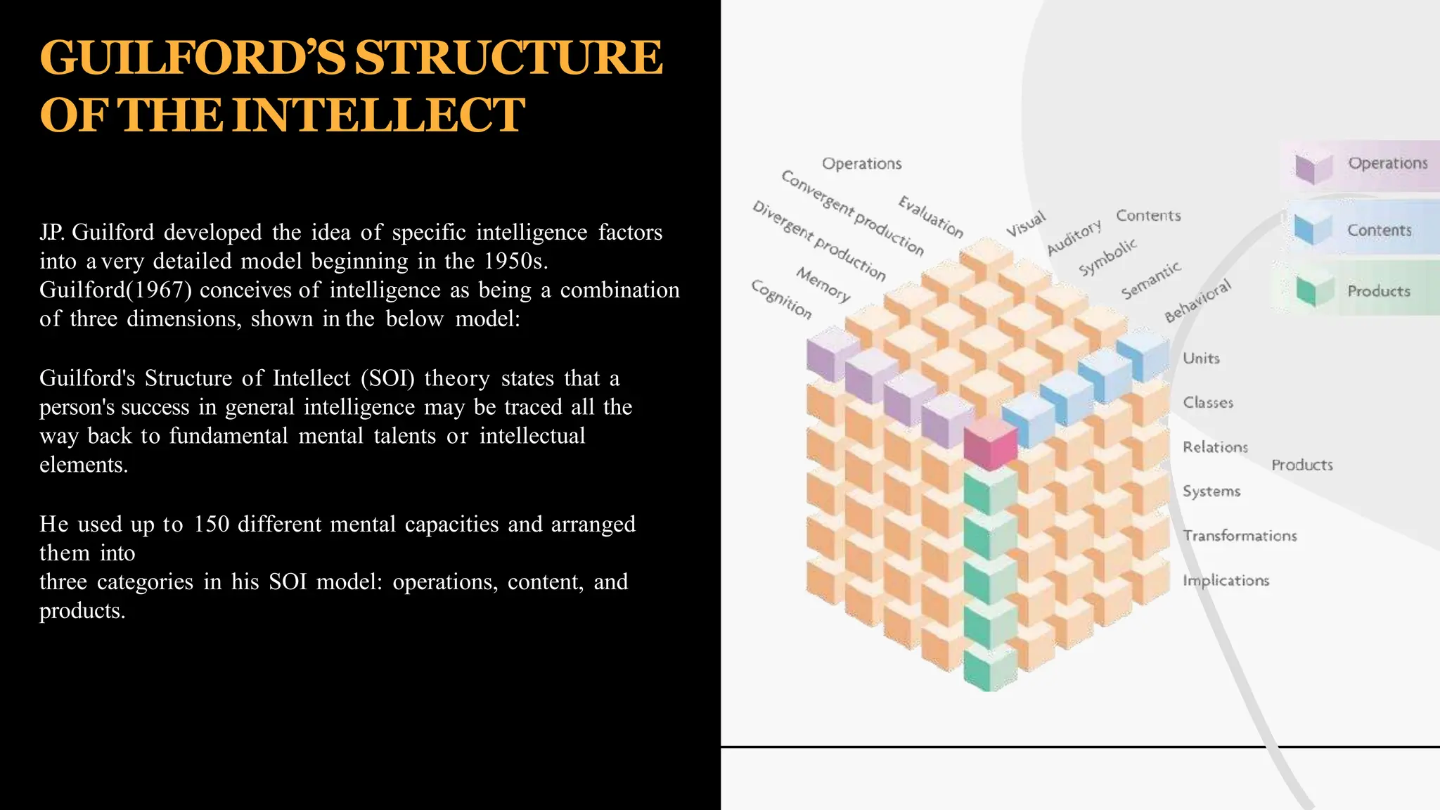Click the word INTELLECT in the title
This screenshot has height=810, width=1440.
378,115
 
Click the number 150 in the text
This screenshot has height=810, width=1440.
212,525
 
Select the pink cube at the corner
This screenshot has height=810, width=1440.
990,444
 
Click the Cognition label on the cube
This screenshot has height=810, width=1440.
781,300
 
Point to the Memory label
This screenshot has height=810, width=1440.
823,284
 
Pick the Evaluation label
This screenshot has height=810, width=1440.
930,217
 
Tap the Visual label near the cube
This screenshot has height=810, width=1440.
1025,224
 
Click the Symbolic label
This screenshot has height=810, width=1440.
1107,257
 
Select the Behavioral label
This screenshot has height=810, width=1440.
1197,300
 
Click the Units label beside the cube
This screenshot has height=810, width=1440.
1201,359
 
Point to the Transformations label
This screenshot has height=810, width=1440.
1240,536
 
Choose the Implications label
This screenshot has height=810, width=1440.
1226,581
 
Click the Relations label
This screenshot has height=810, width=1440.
1215,447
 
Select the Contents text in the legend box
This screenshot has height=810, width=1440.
1379,231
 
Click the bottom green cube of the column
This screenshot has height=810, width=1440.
989,669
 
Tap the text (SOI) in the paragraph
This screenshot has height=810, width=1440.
387,379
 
